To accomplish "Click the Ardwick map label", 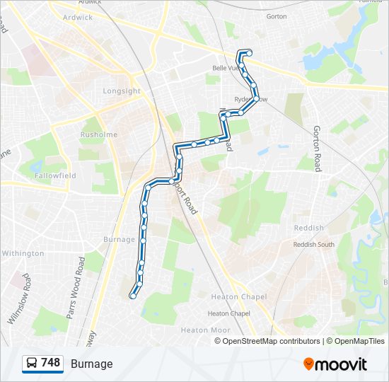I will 78,17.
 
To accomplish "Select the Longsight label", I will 122,91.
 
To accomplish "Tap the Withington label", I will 23,253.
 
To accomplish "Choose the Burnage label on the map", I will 119,239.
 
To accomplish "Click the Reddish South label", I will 314,245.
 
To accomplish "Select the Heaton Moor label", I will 205,330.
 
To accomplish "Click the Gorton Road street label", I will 318,149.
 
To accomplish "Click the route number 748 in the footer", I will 50,363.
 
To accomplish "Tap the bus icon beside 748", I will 32,364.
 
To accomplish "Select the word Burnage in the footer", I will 91,364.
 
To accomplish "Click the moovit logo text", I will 342,364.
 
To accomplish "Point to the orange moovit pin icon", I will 308,364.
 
